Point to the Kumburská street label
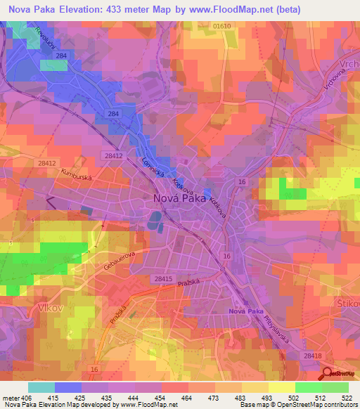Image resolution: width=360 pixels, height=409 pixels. tap(77, 175)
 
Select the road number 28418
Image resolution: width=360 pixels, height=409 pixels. tap(314, 356)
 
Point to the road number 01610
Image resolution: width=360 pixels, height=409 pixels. tap(221, 26)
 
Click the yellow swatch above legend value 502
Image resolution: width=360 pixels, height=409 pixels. tap(282, 387)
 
